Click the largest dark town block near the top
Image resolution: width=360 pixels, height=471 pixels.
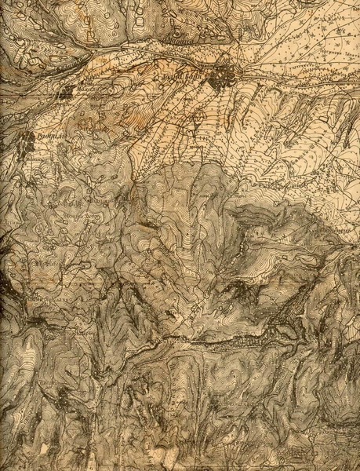pyautogui.click(x=227, y=76)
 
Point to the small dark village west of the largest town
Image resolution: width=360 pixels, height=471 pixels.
pyautogui.click(x=64, y=93)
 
